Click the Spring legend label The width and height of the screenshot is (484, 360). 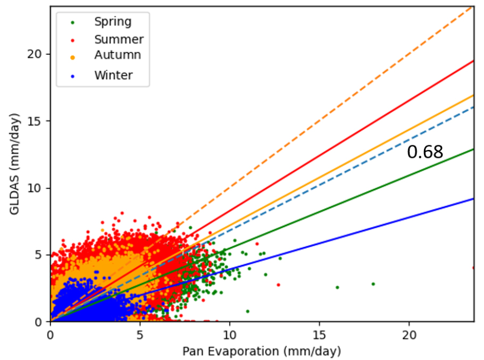pos(113,22)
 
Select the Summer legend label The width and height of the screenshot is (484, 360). pos(119,39)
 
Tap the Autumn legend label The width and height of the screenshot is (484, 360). pos(118,55)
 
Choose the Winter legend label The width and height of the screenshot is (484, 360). pos(113,76)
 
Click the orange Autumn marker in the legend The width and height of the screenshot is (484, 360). pos(73,57)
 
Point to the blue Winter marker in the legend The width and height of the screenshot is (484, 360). pos(73,77)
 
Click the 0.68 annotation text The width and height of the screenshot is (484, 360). pos(425,152)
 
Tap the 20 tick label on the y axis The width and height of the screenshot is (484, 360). pos(34,54)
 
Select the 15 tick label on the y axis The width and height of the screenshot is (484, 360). pos(34,121)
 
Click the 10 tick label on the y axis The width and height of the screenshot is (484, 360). pos(34,188)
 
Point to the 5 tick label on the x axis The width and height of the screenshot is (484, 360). pos(140,335)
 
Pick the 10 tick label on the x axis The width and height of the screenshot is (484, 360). pos(230,335)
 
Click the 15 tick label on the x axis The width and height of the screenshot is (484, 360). pos(319,335)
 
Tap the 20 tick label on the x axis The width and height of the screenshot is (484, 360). pos(409,335)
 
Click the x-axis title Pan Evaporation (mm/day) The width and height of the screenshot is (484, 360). pos(262,351)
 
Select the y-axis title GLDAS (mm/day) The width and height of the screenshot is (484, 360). pos(14,164)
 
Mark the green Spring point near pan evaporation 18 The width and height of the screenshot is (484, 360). pos(373,284)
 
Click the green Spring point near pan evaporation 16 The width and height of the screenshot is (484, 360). pos(337,288)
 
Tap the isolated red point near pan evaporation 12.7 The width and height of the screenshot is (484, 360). pos(278,285)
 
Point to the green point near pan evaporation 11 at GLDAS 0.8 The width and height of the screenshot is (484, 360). pos(247,311)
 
